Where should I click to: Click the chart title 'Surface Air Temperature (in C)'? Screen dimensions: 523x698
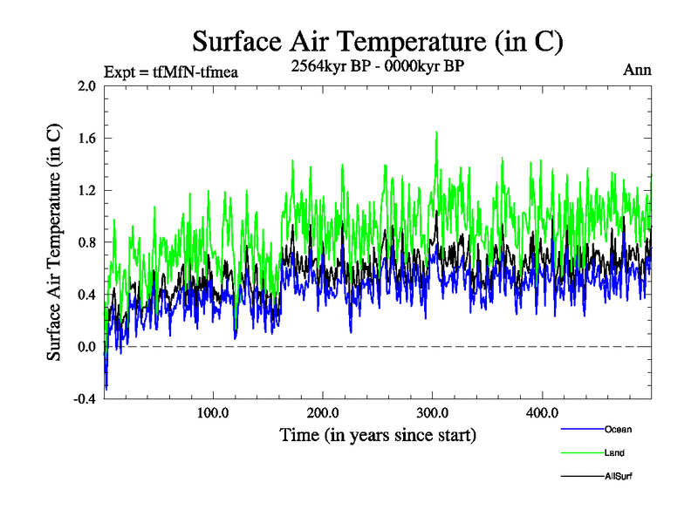coord(377,41)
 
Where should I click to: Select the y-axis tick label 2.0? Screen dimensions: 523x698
coord(86,86)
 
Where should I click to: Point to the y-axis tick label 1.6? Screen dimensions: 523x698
coord(86,138)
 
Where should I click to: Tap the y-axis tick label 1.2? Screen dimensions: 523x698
coord(86,190)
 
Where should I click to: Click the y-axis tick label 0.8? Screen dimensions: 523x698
coord(86,242)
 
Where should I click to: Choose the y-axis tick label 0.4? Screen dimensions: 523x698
coord(86,295)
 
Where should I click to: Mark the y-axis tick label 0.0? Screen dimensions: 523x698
coord(86,347)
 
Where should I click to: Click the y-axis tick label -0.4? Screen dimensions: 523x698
coord(85,398)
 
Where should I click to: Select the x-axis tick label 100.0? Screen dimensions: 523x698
coord(213,412)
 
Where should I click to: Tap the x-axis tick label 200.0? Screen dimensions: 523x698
coord(323,412)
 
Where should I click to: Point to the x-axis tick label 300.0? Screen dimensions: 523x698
coord(432,412)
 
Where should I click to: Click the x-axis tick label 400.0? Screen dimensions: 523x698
coord(542,412)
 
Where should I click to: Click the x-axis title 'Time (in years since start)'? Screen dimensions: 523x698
coord(378,434)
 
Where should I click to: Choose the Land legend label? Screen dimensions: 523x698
coord(614,453)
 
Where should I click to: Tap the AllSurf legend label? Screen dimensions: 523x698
coord(618,477)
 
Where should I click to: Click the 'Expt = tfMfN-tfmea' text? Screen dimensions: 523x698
coord(170,71)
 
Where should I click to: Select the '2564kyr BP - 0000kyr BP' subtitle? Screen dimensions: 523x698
coord(377,65)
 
